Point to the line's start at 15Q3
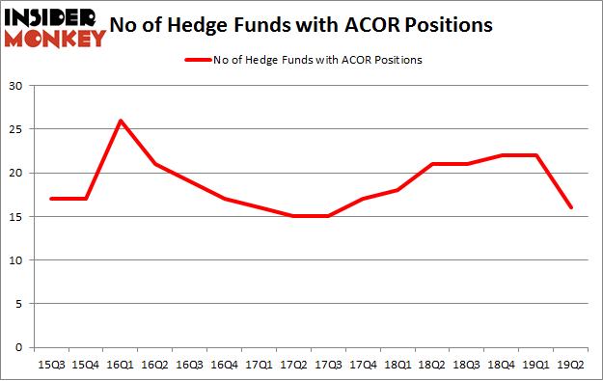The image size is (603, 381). coord(52,199)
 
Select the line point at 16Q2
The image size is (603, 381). coord(154,164)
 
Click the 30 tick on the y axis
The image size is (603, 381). coord(16,86)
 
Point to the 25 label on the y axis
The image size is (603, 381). coord(16,129)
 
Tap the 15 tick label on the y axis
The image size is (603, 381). coord(16,217)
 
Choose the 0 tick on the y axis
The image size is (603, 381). coord(19,347)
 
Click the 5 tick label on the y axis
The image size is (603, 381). coord(19,304)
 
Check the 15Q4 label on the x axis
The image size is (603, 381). coord(86,365)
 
